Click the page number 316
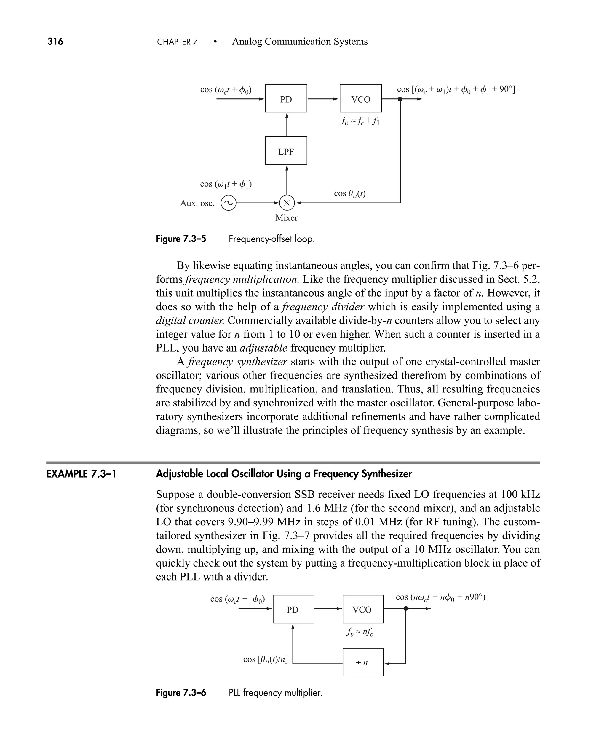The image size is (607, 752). point(55,42)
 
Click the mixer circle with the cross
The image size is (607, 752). point(287,203)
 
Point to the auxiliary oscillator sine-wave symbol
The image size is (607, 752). point(228,203)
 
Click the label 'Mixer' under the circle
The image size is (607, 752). point(286,218)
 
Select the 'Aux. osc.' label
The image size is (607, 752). point(197,203)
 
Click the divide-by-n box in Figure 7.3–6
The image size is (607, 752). point(362,662)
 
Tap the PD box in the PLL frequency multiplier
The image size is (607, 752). point(293,609)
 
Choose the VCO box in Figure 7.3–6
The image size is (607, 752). point(362,609)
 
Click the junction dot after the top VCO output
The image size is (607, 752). point(400,99)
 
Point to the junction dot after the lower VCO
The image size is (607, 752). point(406,608)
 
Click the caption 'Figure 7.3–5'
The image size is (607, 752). point(181,239)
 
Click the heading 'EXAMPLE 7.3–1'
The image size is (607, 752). point(81,474)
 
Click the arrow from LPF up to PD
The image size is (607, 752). point(287,124)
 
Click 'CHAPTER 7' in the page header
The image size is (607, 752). point(177,42)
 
